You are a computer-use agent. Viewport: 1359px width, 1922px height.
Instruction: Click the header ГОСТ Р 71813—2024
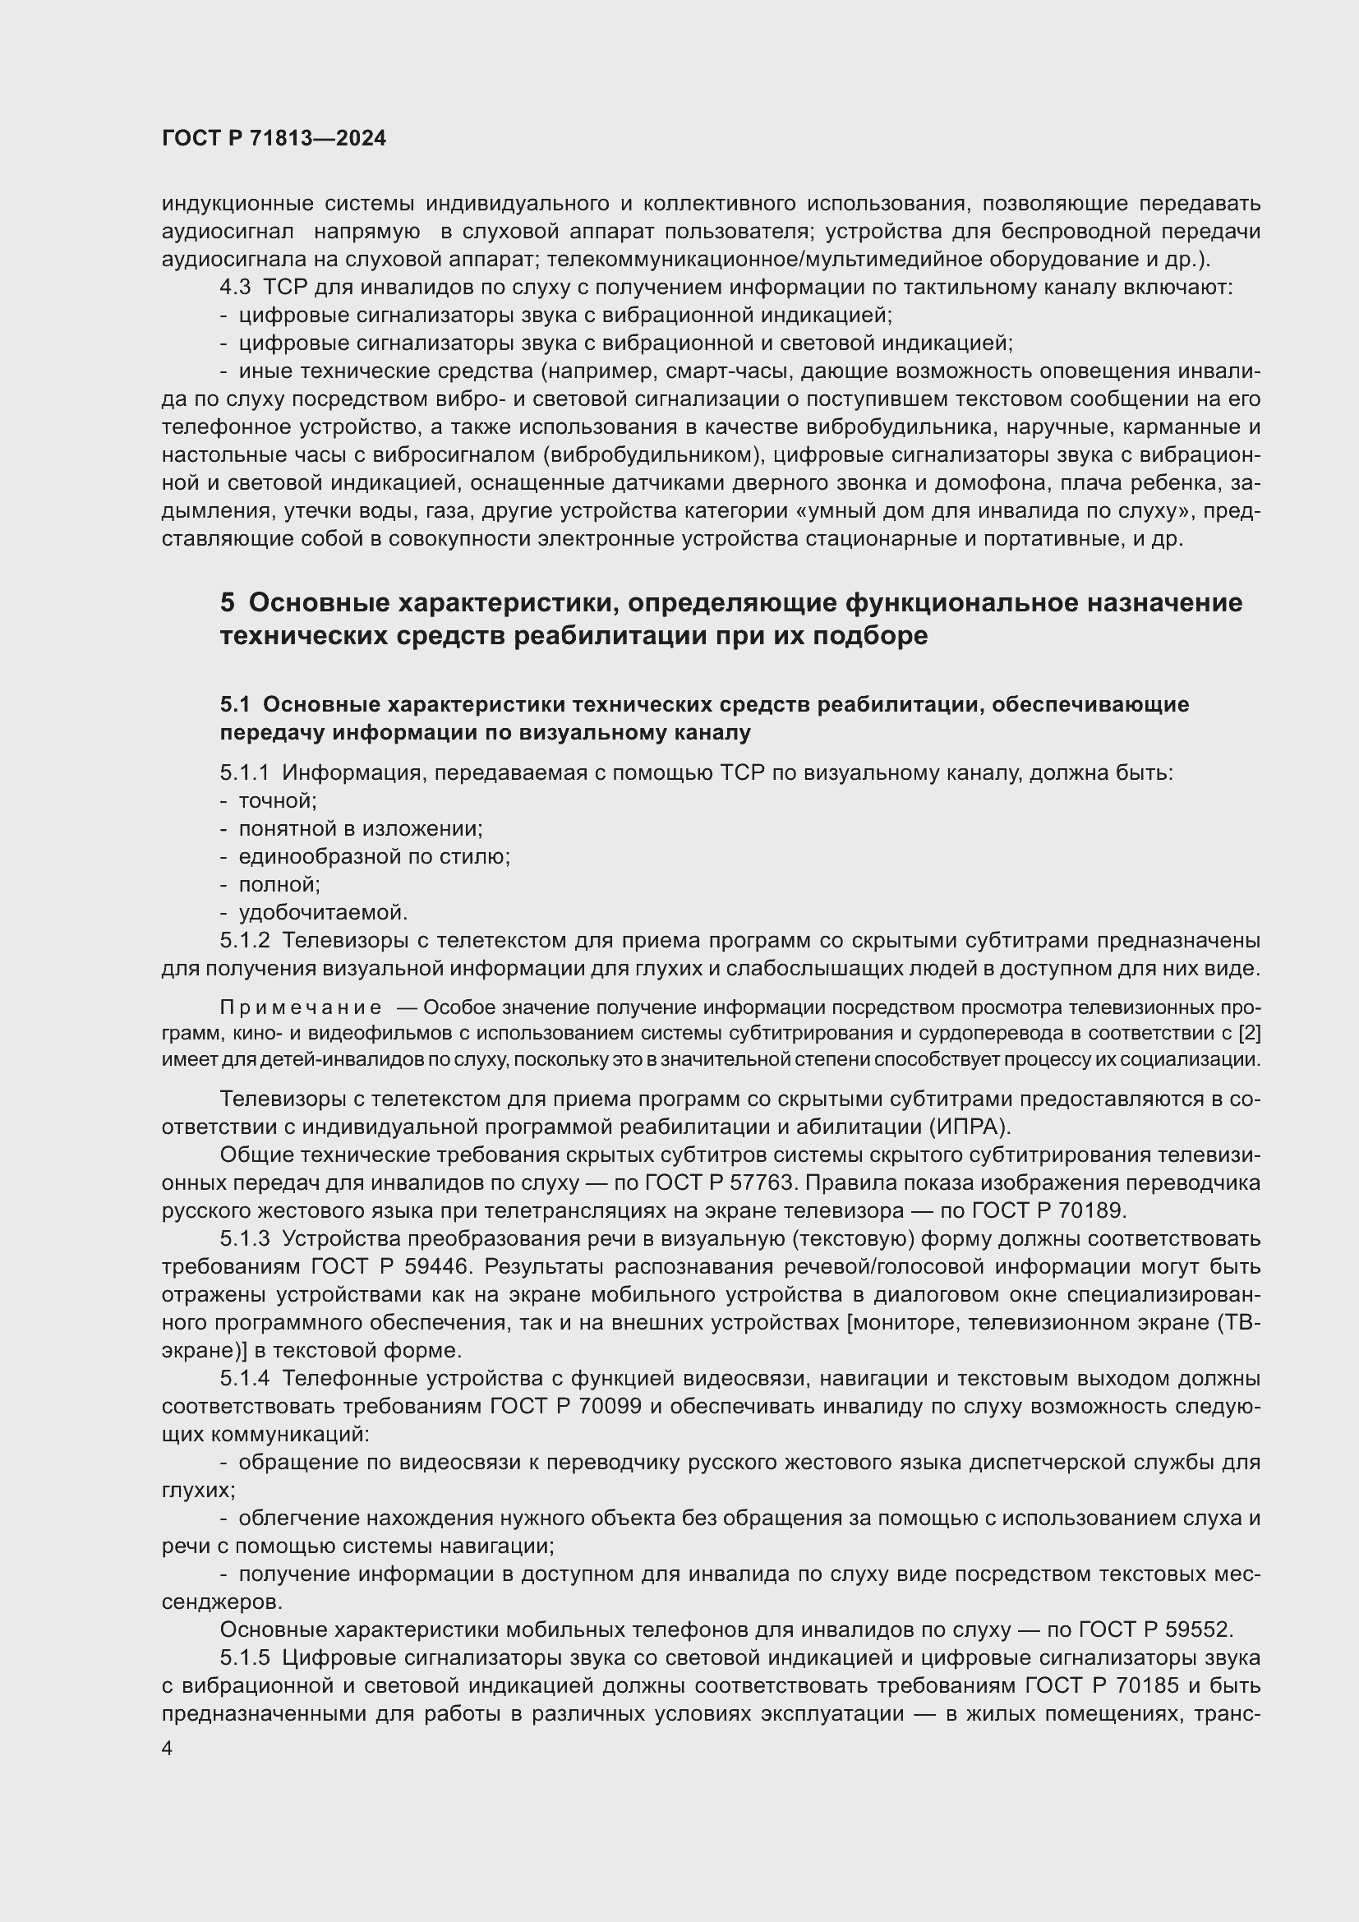pos(274,139)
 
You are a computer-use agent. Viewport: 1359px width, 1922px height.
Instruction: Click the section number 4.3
pos(235,288)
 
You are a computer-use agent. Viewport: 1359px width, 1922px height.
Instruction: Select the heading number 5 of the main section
pos(228,602)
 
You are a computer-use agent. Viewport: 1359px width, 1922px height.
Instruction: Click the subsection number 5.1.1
pos(244,772)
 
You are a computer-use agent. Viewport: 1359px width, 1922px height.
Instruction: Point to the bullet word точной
pos(277,801)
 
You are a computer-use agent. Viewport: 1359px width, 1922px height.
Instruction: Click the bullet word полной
pos(279,884)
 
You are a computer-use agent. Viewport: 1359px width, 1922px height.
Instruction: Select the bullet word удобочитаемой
pos(323,912)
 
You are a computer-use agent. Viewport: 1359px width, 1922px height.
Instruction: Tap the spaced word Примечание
pos(301,1007)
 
